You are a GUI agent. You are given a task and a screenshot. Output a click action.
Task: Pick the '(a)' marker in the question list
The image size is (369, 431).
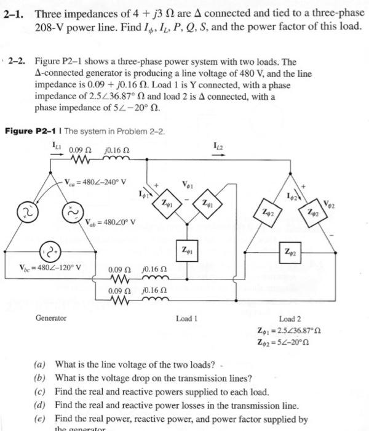41,363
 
